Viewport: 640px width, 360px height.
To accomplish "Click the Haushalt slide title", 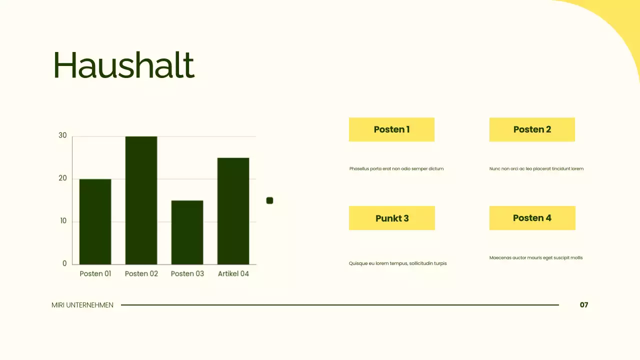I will [x=123, y=65].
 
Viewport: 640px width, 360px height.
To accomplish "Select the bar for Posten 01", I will [x=95, y=221].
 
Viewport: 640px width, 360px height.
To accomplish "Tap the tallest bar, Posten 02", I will [x=141, y=200].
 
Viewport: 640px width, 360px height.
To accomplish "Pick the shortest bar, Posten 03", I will [x=187, y=232].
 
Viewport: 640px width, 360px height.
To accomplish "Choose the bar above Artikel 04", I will [x=233, y=211].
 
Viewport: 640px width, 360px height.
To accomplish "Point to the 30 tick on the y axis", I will [x=62, y=135].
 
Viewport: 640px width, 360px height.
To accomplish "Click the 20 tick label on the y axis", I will [x=62, y=178].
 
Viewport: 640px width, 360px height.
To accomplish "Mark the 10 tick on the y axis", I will [x=63, y=221].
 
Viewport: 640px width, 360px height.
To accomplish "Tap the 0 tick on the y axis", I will [x=64, y=263].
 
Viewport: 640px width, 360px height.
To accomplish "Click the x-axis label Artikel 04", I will [x=233, y=273].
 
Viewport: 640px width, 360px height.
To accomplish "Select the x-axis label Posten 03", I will [x=187, y=273].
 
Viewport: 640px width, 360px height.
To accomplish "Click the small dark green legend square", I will [x=269, y=200].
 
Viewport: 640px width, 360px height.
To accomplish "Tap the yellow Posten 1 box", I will [x=391, y=129].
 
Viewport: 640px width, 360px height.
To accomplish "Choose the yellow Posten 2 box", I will [x=532, y=129].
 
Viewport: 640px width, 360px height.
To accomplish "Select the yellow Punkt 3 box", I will [x=392, y=218].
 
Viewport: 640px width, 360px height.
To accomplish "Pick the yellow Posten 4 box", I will [x=532, y=218].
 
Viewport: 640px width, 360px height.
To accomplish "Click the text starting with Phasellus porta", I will [x=396, y=169].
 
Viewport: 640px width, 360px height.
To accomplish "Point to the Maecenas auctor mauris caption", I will [x=536, y=258].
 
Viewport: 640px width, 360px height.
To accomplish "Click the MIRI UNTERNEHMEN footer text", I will [x=82, y=305].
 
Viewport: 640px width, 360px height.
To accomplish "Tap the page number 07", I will [x=584, y=305].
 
